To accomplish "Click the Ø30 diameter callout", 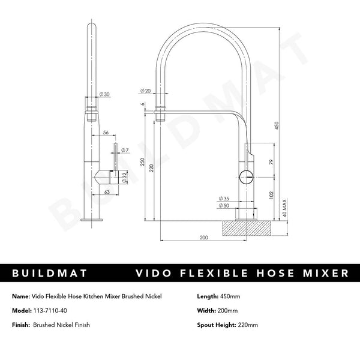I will (x=104, y=94).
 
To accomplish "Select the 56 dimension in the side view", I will (x=105, y=133).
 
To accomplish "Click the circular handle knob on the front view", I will (x=245, y=176).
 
